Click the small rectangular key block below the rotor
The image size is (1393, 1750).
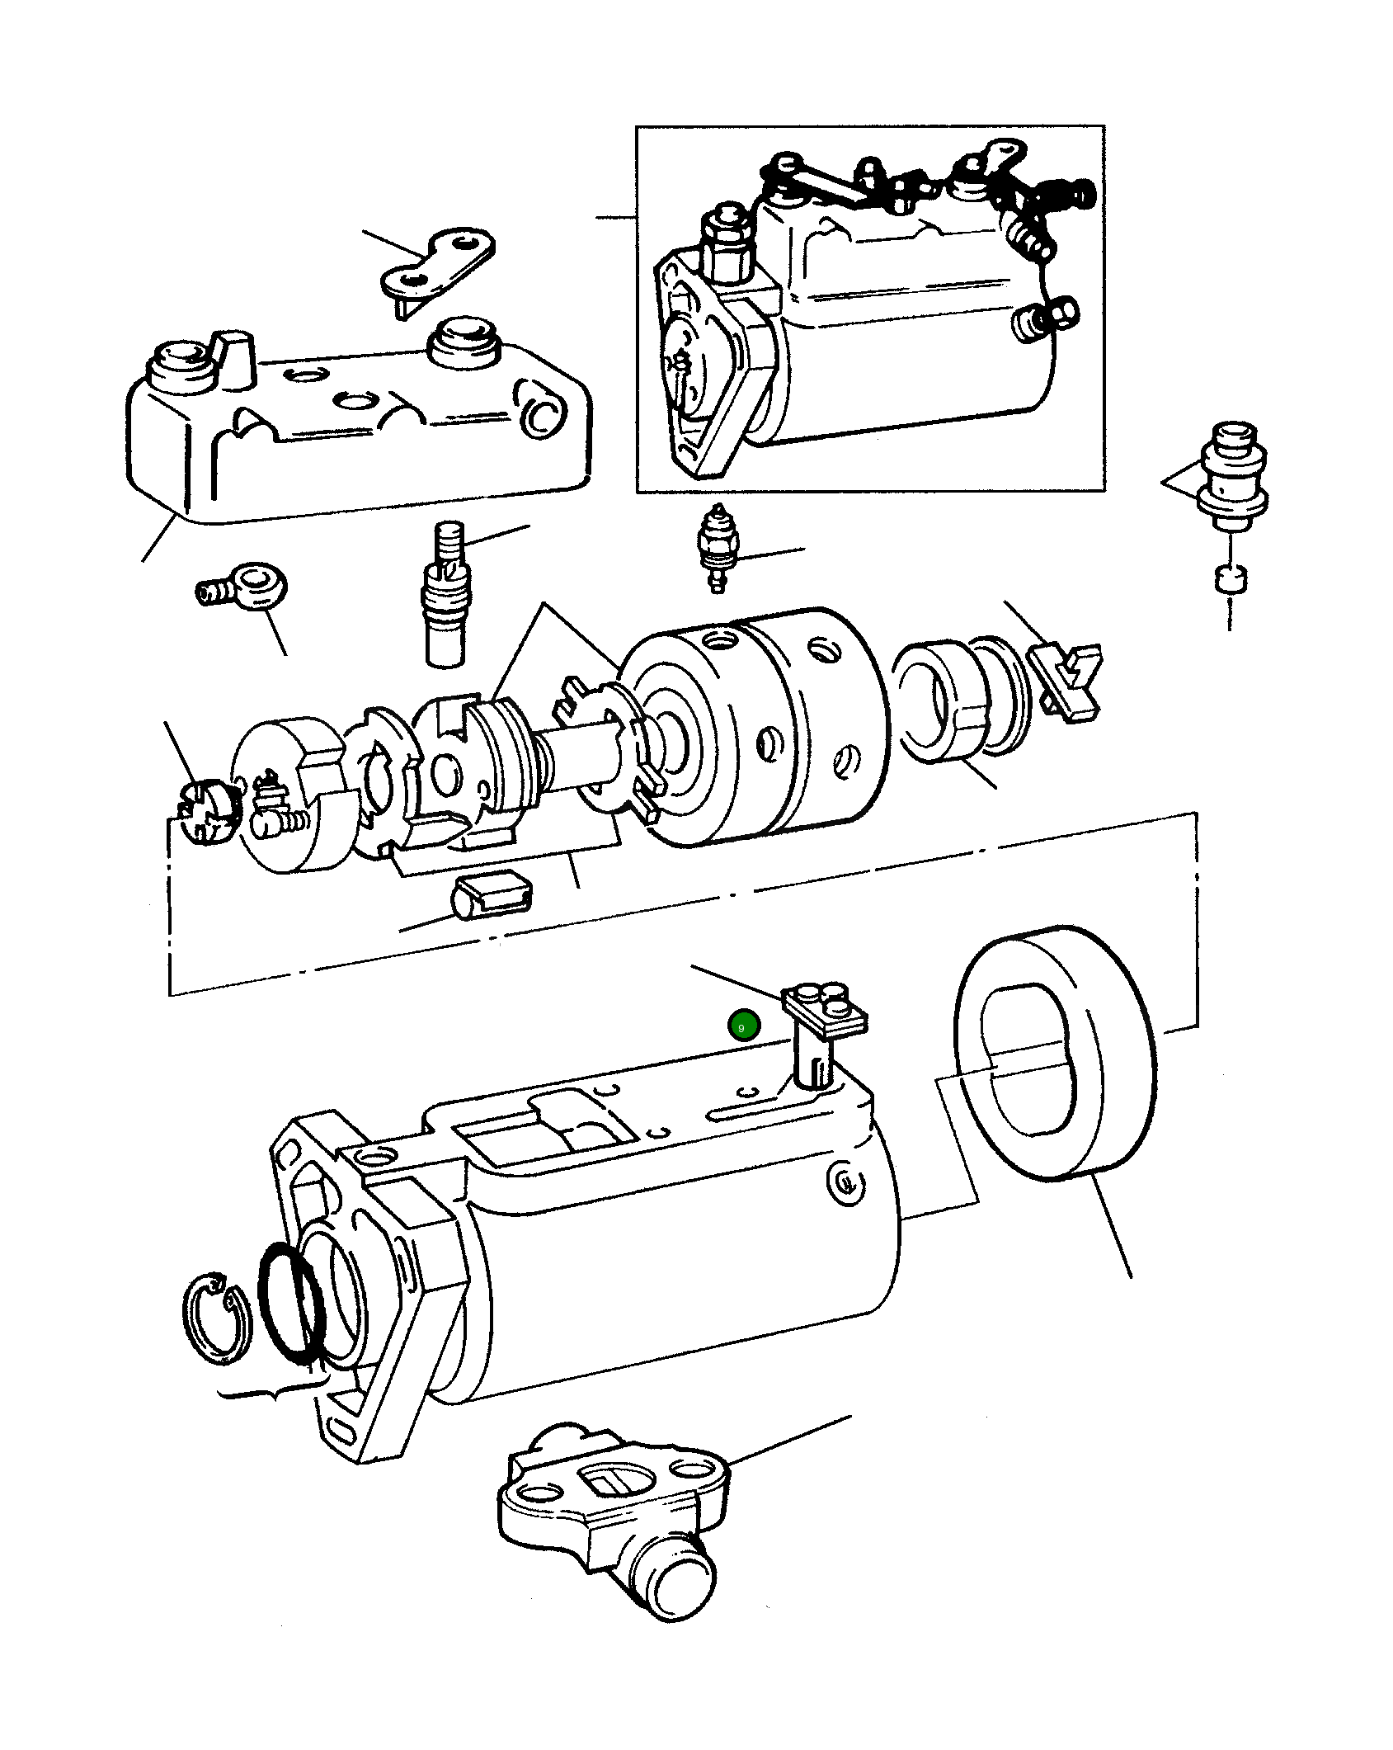point(493,894)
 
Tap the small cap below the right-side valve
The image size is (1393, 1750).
point(1230,578)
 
